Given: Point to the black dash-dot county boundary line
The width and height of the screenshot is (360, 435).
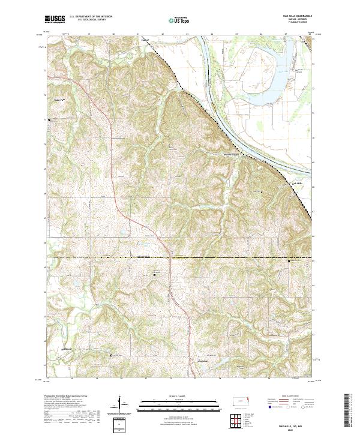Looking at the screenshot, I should pyautogui.click(x=180, y=257).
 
